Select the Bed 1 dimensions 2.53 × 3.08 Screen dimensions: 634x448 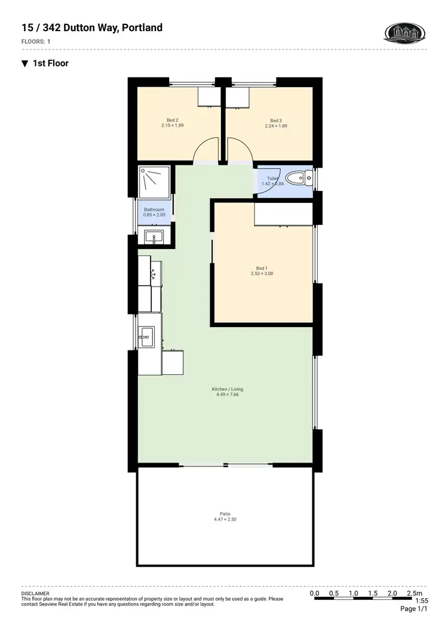pos(262,273)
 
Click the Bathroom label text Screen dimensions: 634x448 pos(154,210)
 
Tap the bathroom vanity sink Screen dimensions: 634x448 pos(154,237)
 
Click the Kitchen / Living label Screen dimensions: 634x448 pos(228,389)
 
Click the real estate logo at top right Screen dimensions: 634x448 pos(405,32)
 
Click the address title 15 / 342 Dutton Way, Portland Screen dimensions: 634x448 pos(91,27)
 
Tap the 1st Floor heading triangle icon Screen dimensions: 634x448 pos(24,63)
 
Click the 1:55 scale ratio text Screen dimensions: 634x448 pos(422,601)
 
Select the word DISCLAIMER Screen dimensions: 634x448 pos(35,594)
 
